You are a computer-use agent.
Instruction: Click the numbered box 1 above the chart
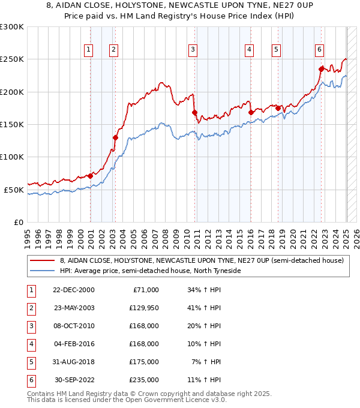click(89, 50)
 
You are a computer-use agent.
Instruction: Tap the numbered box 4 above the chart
click(248, 50)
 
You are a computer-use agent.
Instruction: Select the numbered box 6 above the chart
click(319, 50)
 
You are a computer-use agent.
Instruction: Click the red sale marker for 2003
click(115, 137)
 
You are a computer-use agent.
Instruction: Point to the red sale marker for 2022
click(322, 69)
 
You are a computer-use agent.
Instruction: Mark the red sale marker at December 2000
click(90, 176)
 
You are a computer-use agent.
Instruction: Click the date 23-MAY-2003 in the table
click(74, 308)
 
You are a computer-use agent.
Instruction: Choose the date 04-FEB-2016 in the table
click(74, 344)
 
